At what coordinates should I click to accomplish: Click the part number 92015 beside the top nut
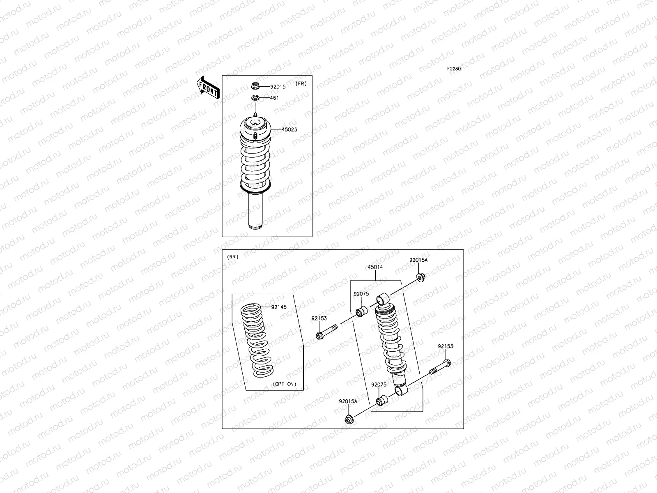pos(278,87)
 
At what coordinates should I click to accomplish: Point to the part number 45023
pos(289,130)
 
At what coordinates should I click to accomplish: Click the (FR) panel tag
pos(301,84)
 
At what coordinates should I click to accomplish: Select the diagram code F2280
pos(454,69)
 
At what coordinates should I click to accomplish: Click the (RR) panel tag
pos(233,257)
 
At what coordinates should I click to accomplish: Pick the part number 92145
pos(279,307)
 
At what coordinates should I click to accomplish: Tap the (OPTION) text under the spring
pos(284,384)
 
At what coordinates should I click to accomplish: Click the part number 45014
pos(375,267)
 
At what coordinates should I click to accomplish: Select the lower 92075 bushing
pos(381,400)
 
